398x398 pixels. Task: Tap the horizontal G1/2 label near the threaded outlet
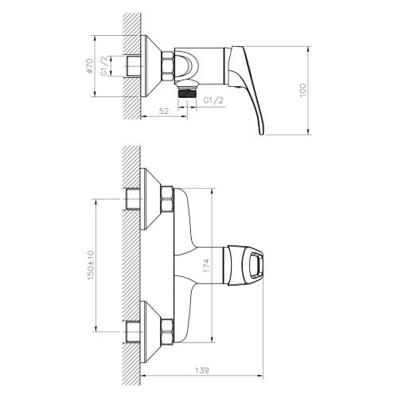pyautogui.click(x=213, y=101)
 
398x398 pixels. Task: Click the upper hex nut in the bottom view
pyautogui.click(x=167, y=199)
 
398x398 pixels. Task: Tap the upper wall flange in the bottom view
pyautogui.click(x=151, y=199)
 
